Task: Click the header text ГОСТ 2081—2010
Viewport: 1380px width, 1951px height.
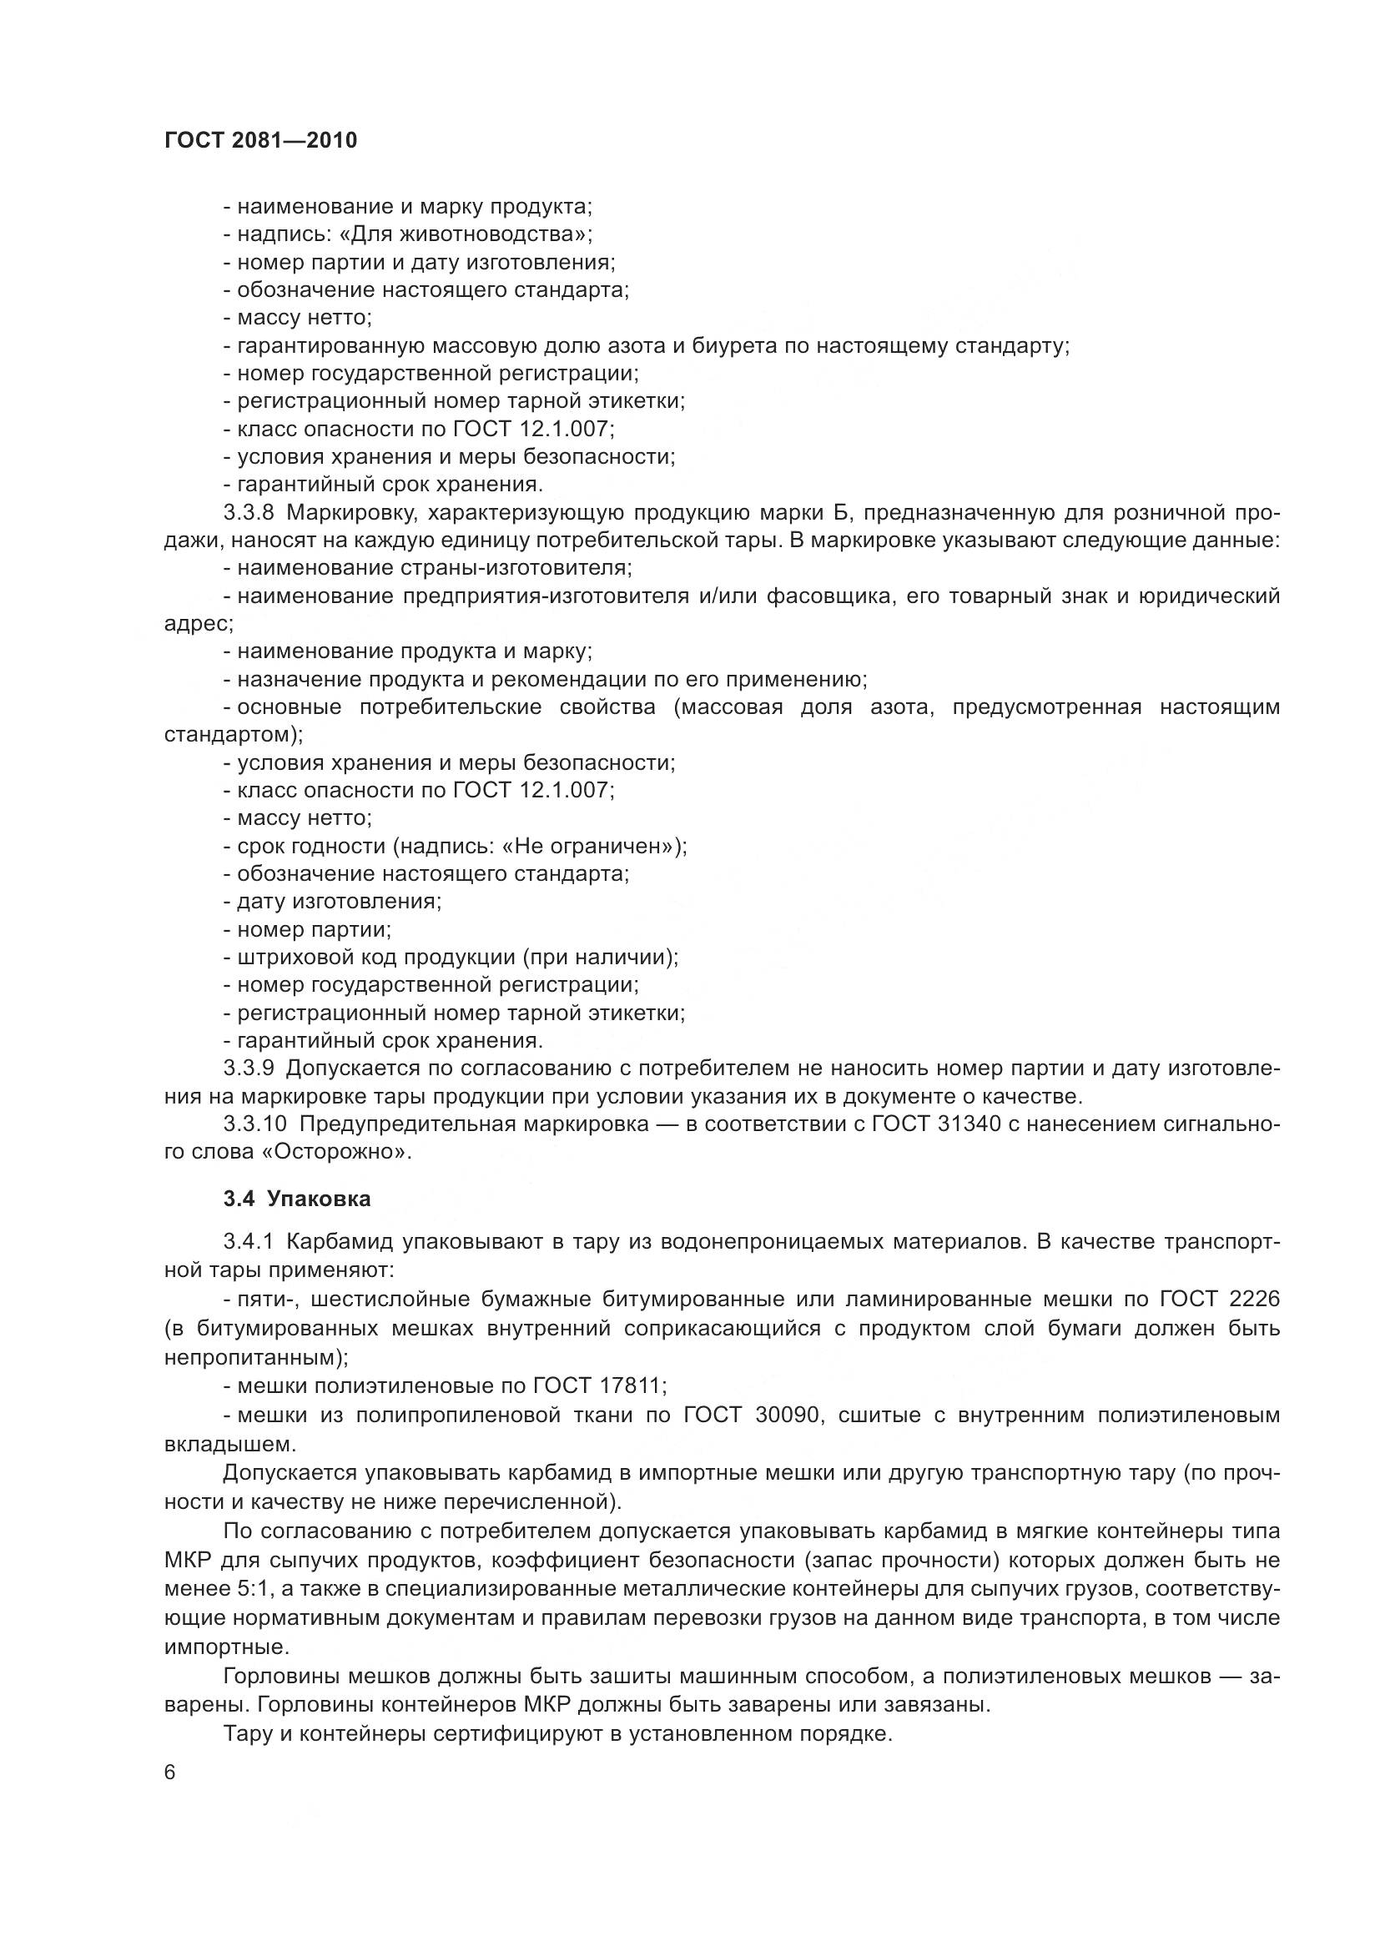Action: coord(260,141)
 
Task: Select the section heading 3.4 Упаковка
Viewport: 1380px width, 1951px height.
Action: coord(297,1199)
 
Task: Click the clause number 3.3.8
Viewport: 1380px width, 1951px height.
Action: coord(249,513)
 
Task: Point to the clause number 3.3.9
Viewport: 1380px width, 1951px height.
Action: coord(249,1069)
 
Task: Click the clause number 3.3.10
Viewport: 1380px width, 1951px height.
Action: coord(256,1124)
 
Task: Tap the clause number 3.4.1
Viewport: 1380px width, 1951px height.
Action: coord(249,1242)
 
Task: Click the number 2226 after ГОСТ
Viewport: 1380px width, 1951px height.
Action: coord(1253,1300)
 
